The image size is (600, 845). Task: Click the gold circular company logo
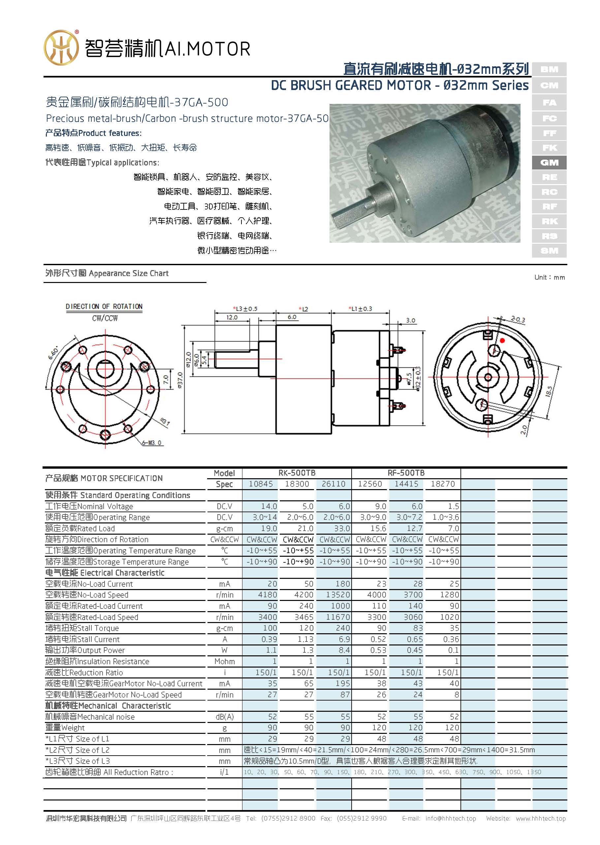61,47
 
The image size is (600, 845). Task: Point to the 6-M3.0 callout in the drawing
152,443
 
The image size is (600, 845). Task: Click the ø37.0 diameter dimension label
180,380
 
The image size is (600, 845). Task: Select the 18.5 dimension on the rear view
549,391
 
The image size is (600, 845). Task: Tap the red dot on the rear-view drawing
502,340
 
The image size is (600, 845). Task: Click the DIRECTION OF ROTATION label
104,306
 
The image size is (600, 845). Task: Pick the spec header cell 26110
333,484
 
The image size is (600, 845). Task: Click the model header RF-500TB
406,473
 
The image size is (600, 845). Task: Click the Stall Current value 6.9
344,639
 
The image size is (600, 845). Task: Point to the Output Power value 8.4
344,650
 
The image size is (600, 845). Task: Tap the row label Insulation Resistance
97,661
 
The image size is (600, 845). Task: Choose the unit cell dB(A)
224,716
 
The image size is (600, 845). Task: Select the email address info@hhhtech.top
450,818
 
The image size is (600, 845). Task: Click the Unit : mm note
550,277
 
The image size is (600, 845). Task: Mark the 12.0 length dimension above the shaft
232,317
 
